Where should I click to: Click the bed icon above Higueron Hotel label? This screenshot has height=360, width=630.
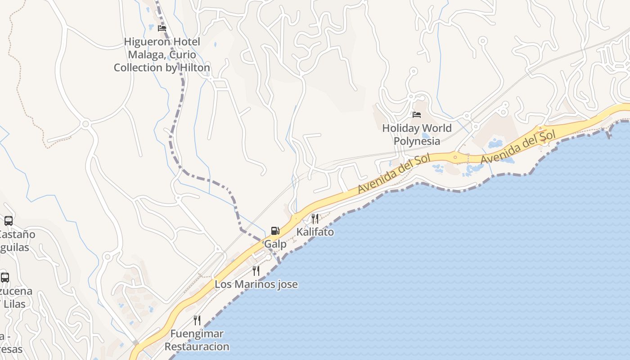click(x=162, y=28)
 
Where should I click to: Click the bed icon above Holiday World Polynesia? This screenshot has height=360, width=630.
click(x=417, y=115)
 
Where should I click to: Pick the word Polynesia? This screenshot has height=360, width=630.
click(x=417, y=141)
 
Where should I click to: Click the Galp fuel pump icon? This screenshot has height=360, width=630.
click(x=275, y=231)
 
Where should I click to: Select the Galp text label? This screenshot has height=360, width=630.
click(x=275, y=244)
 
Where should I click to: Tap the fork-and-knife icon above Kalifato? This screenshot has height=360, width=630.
click(x=315, y=219)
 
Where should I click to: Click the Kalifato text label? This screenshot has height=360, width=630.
click(x=315, y=232)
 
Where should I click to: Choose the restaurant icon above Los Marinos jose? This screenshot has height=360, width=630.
click(x=256, y=271)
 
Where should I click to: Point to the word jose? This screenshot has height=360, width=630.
click(x=286, y=284)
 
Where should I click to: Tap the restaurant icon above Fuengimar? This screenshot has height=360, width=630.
click(x=197, y=320)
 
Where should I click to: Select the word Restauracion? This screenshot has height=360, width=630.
click(x=197, y=346)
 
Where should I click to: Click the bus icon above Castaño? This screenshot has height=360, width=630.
click(x=8, y=221)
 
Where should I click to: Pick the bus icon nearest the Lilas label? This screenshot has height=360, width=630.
click(x=4, y=278)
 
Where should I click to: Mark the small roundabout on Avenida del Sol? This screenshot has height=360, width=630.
click(x=455, y=157)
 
